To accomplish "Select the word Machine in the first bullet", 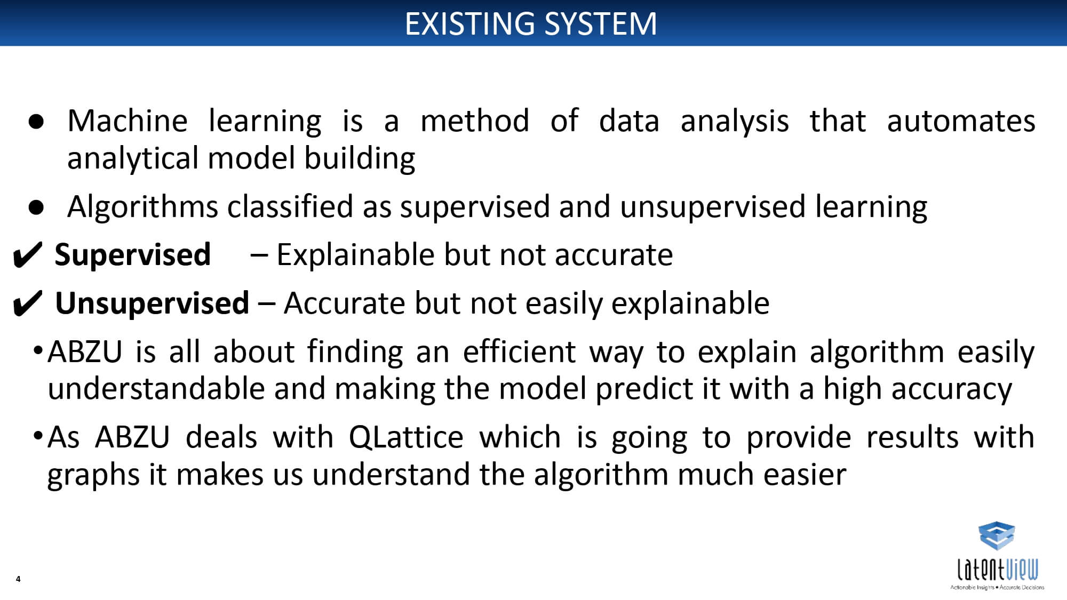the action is point(128,121).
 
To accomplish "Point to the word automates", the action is point(961,121).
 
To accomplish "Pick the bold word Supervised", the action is point(133,254).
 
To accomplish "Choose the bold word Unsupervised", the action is point(152,303).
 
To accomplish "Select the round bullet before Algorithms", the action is point(36,207).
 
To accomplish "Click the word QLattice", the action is point(407,437).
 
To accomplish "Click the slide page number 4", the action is point(18,579).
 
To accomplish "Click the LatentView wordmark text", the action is point(998,570).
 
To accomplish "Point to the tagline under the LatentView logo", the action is point(997,588).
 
